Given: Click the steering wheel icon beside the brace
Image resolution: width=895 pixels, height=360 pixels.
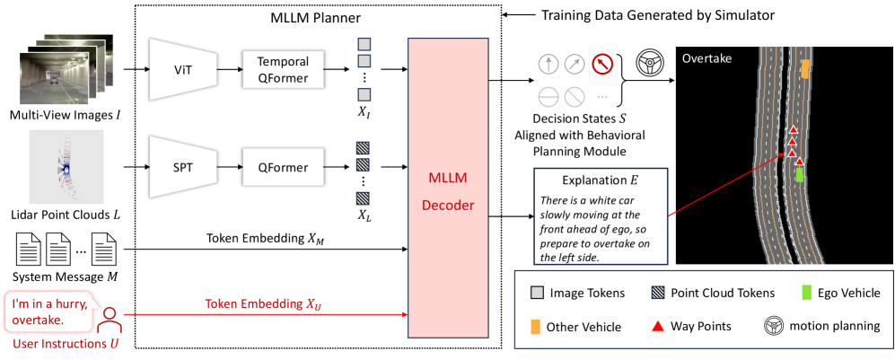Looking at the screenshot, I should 651,64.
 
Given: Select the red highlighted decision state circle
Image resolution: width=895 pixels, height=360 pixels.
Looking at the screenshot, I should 601,65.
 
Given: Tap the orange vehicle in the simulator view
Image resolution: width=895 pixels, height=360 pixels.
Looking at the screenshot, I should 805,68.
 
